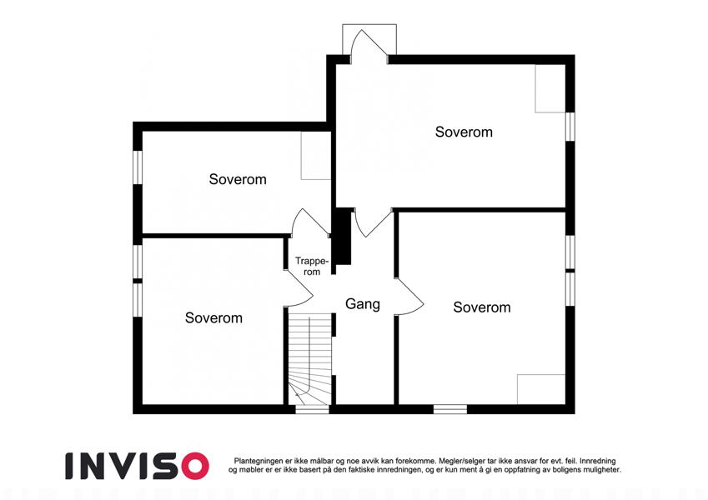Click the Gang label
[363, 304]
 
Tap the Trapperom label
[312, 266]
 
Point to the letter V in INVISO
[127, 466]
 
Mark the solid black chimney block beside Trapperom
[344, 237]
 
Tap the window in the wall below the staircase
[312, 409]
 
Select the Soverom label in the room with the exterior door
[464, 132]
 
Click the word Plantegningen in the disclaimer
[259, 461]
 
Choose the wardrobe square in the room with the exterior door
[550, 88]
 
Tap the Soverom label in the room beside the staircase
[213, 318]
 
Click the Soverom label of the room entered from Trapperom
[238, 180]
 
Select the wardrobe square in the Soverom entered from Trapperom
[316, 156]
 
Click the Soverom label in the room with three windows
[482, 307]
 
